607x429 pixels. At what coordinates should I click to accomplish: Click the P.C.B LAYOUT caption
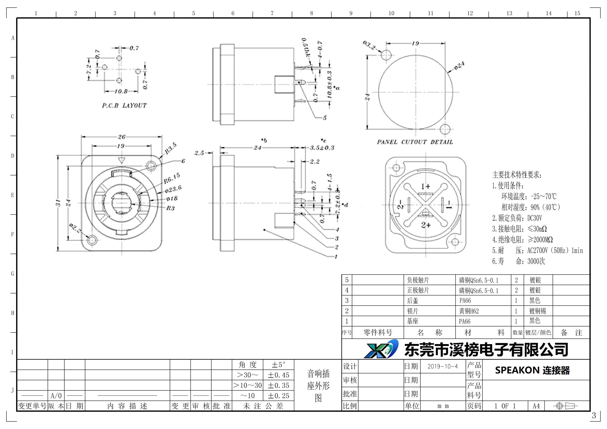124,105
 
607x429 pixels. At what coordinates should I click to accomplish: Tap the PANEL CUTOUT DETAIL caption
415,142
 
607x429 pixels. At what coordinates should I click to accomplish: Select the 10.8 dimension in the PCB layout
121,91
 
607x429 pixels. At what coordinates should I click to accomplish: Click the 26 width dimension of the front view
121,137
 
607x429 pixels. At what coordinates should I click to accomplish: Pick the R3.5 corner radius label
170,148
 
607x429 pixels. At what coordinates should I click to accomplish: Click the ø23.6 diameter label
173,189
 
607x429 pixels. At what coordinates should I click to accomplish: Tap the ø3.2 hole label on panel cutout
369,45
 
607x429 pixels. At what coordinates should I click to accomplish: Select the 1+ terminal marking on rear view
425,186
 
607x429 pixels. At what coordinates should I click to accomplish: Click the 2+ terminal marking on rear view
426,225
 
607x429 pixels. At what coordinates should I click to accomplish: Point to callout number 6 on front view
183,161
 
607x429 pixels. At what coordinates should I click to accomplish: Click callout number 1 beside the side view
336,256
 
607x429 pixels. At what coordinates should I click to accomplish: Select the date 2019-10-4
442,366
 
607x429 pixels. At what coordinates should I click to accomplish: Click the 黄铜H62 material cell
469,311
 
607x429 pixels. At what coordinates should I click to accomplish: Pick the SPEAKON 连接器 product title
532,370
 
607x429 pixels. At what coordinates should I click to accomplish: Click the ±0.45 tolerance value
278,375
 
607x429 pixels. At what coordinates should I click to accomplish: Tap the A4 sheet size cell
536,406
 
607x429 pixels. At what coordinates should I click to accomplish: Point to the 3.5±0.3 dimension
322,147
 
